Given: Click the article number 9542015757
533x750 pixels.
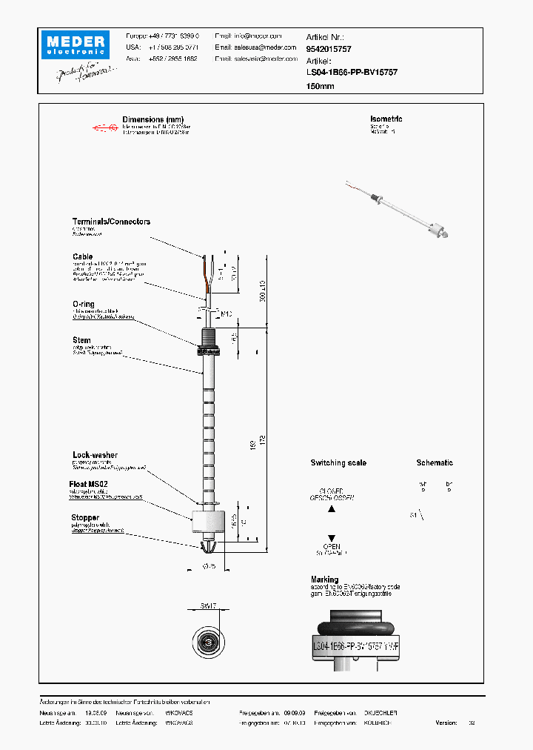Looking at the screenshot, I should click(329, 48).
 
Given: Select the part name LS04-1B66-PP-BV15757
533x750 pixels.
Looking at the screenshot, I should click(352, 73).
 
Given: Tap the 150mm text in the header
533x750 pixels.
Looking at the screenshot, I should click(320, 86).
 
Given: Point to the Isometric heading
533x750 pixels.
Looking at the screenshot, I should click(386, 119).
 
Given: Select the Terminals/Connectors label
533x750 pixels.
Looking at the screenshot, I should click(111, 222).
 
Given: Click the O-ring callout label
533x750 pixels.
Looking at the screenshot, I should click(83, 304).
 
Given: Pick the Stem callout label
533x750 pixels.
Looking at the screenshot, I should click(81, 340).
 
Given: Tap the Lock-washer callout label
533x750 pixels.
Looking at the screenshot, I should click(95, 455).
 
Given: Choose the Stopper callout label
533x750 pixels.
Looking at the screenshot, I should click(85, 518).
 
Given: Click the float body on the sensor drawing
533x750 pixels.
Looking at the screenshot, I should click(207, 520).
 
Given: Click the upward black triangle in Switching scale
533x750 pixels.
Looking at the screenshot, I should click(332, 509).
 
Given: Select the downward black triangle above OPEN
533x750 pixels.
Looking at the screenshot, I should click(332, 538).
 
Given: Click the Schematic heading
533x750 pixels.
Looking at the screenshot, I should click(434, 462).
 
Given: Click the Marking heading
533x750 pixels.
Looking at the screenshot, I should click(324, 580).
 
